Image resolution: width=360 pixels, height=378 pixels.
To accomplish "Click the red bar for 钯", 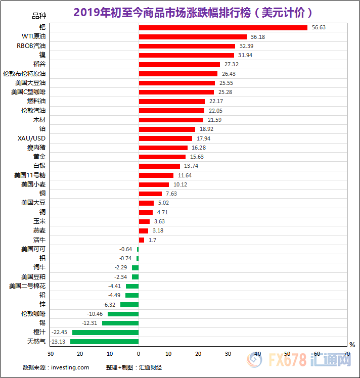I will click(x=223, y=27).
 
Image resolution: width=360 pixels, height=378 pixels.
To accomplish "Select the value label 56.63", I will click(x=318, y=27).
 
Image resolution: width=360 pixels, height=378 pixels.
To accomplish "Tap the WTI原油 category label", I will click(x=33, y=36).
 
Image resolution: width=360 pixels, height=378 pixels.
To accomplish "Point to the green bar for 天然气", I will click(x=105, y=342).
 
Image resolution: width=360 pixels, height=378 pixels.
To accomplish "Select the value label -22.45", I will click(x=61, y=332).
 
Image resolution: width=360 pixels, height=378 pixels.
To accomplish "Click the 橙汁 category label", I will click(x=39, y=332).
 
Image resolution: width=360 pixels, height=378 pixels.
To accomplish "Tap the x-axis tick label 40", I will click(x=257, y=354).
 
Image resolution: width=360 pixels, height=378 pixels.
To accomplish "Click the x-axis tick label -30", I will click(x=49, y=354).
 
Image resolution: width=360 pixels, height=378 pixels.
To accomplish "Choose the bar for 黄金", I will click(x=162, y=157).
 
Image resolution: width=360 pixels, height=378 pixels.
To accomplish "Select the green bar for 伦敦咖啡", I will click(x=123, y=314).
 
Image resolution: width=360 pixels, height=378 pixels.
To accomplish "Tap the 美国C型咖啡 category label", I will click(x=28, y=92).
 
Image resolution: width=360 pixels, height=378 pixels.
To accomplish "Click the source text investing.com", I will click(x=70, y=367).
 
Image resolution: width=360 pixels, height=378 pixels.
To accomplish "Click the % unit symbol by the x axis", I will click(x=352, y=345).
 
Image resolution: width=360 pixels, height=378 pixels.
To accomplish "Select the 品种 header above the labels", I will click(x=39, y=16).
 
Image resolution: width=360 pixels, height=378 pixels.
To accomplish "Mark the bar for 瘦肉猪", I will click(x=163, y=148).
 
